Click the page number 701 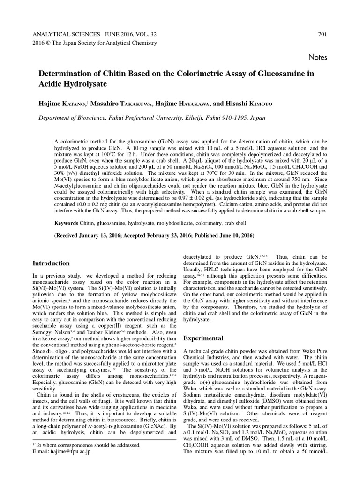[x=322, y=34]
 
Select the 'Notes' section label [x=318, y=57]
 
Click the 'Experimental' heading [x=202, y=337]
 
